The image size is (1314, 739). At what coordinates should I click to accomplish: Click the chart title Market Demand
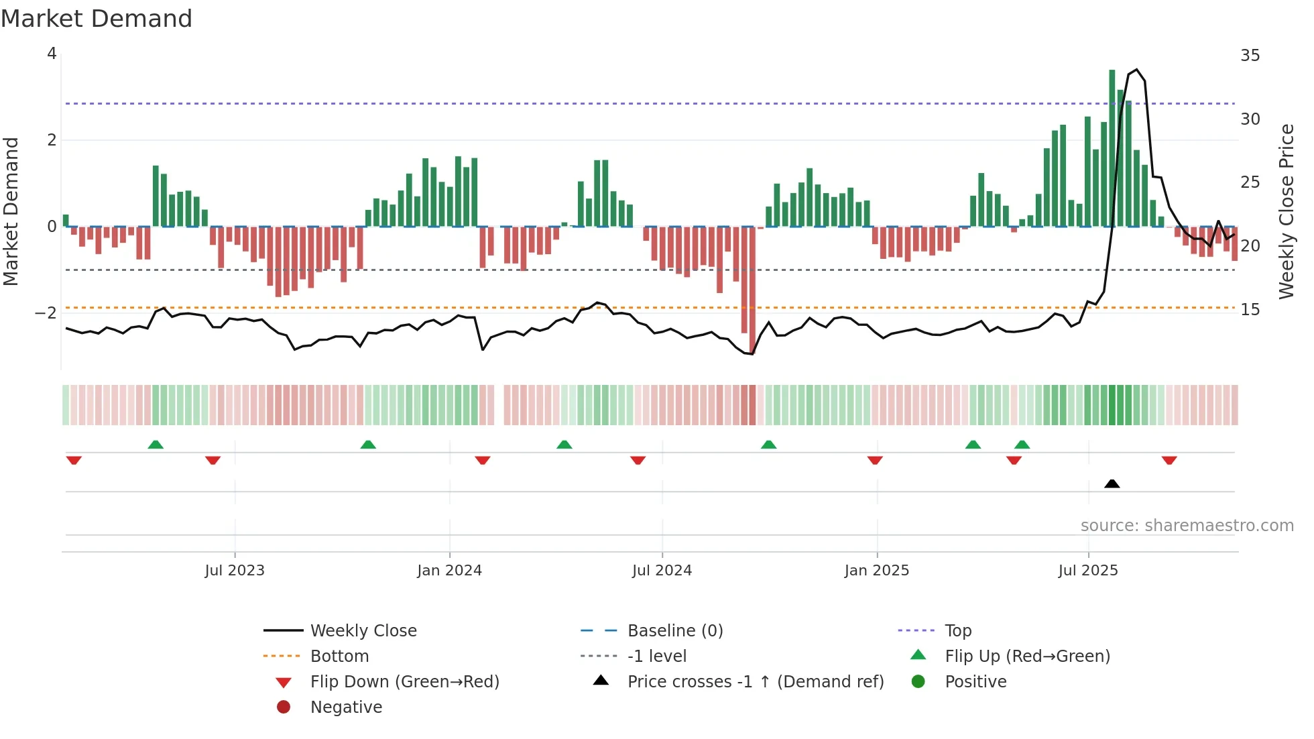97,19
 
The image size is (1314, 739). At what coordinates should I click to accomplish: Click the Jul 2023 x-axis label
235,571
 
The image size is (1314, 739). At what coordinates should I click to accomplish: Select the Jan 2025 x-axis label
876,571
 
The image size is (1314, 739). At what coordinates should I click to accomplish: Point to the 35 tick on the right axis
1250,56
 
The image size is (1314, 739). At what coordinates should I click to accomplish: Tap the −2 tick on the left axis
46,313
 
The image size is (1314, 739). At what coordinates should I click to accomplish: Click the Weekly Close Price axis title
1286,211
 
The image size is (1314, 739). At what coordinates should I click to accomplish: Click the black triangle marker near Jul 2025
1112,484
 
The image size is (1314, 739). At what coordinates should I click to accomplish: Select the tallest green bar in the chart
1112,148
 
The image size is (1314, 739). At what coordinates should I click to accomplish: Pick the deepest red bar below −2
752,288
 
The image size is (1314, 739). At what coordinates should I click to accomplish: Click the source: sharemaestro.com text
1187,526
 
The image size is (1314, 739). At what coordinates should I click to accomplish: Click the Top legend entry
957,631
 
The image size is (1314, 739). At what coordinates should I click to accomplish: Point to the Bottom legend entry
339,657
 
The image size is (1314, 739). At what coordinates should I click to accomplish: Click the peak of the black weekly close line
1136,70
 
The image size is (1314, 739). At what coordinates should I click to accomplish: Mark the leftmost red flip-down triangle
74,460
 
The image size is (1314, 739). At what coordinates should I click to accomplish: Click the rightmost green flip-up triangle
1022,445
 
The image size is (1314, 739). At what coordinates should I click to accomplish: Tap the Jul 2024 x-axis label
662,571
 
